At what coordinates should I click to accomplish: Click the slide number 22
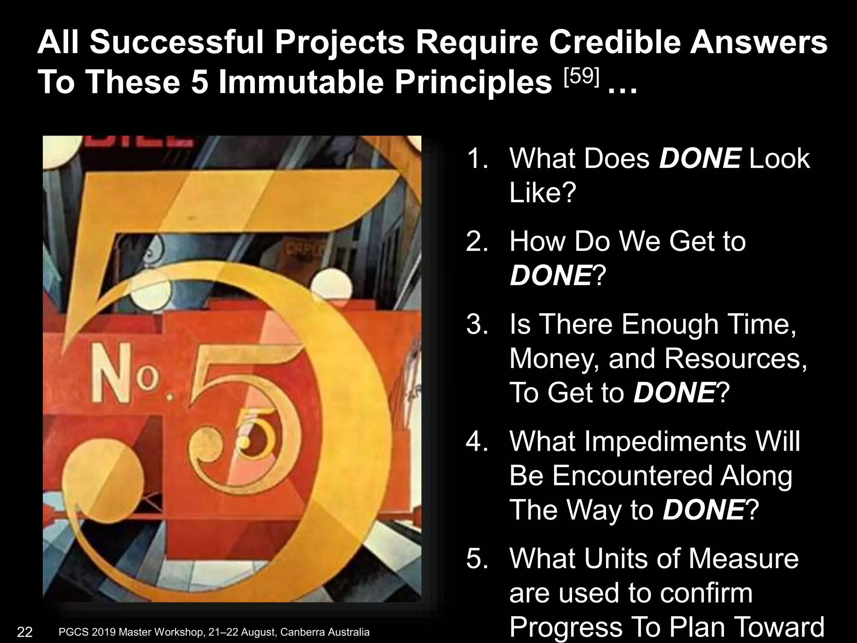[x=25, y=632]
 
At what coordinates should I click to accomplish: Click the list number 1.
[x=477, y=159]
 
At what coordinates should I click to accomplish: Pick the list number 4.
[x=477, y=441]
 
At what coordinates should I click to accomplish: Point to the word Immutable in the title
[x=301, y=82]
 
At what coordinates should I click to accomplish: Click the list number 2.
[x=477, y=242]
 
